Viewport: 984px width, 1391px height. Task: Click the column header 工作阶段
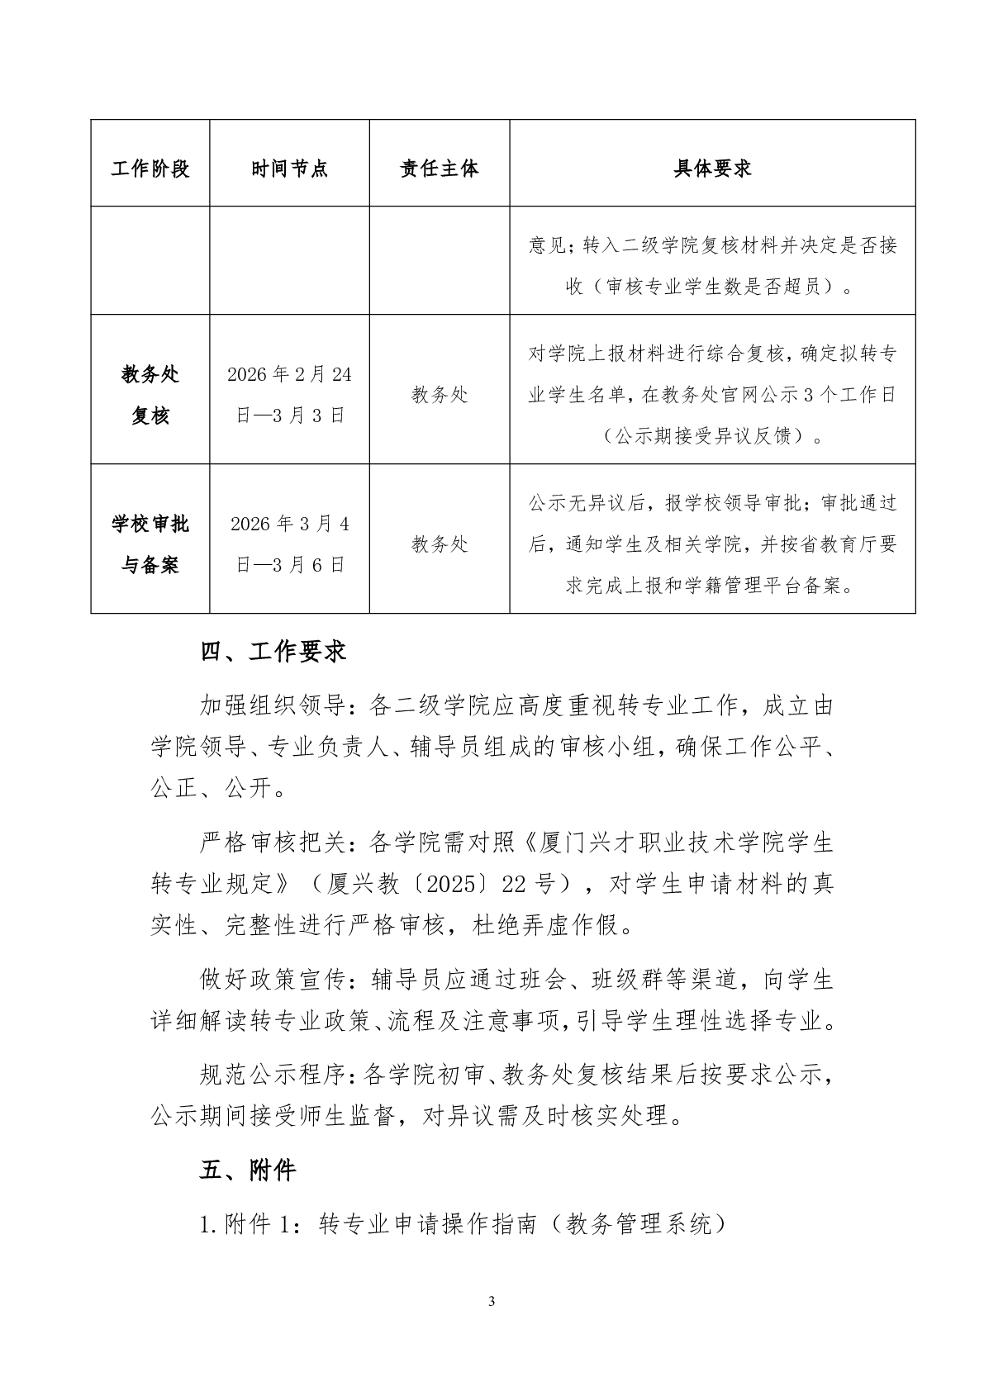click(150, 169)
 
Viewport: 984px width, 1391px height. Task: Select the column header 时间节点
click(289, 169)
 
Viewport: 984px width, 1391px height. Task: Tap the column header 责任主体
click(439, 169)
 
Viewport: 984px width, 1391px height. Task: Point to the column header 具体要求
click(712, 169)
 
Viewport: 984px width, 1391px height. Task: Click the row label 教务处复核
click(150, 395)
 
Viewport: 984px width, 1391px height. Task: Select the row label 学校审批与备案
click(150, 544)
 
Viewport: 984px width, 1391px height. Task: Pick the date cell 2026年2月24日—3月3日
click(289, 395)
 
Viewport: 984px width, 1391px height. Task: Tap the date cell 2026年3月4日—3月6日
click(289, 544)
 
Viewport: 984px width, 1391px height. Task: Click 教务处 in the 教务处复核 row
click(439, 395)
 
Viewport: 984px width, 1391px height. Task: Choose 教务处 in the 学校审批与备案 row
click(439, 544)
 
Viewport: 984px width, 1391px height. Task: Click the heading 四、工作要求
click(273, 652)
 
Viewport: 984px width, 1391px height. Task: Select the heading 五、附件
click(247, 1170)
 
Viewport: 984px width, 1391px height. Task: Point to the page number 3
click(492, 1302)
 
